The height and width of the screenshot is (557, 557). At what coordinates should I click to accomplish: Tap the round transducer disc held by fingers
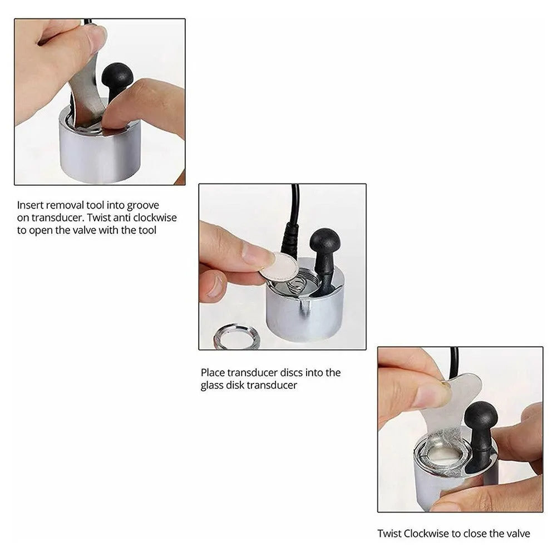point(279,267)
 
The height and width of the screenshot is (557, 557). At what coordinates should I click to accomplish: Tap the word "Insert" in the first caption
point(30,205)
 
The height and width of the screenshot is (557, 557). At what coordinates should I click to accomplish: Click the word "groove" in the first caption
point(143,206)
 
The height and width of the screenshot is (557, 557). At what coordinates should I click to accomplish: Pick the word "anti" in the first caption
point(121,218)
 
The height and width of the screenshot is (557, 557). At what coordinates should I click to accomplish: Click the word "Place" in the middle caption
point(213,373)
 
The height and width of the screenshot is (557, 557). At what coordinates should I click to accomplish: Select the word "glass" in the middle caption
point(212,386)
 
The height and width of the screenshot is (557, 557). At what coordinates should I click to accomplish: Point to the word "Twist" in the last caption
point(389,534)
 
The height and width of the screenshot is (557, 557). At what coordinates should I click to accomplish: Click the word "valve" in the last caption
point(518,534)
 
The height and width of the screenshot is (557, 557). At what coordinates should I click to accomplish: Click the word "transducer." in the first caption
point(57,218)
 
